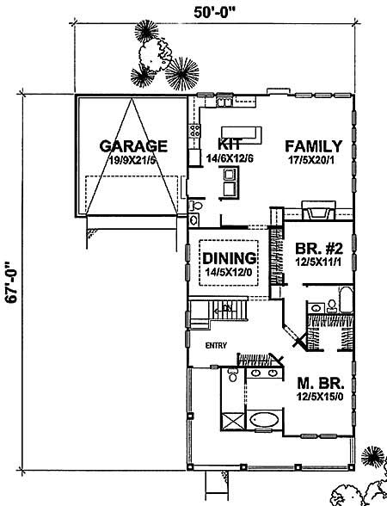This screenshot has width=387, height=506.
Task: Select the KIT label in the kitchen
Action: [230, 145]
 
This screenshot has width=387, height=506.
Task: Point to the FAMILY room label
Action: [314, 145]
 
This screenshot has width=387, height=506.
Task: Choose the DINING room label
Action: [230, 257]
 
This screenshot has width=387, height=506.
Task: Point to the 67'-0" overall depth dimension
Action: [11, 281]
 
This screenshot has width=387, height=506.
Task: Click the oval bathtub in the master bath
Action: [266, 422]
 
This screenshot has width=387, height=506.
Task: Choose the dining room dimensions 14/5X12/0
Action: [230, 271]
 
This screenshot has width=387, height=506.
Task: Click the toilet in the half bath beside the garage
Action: [196, 207]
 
